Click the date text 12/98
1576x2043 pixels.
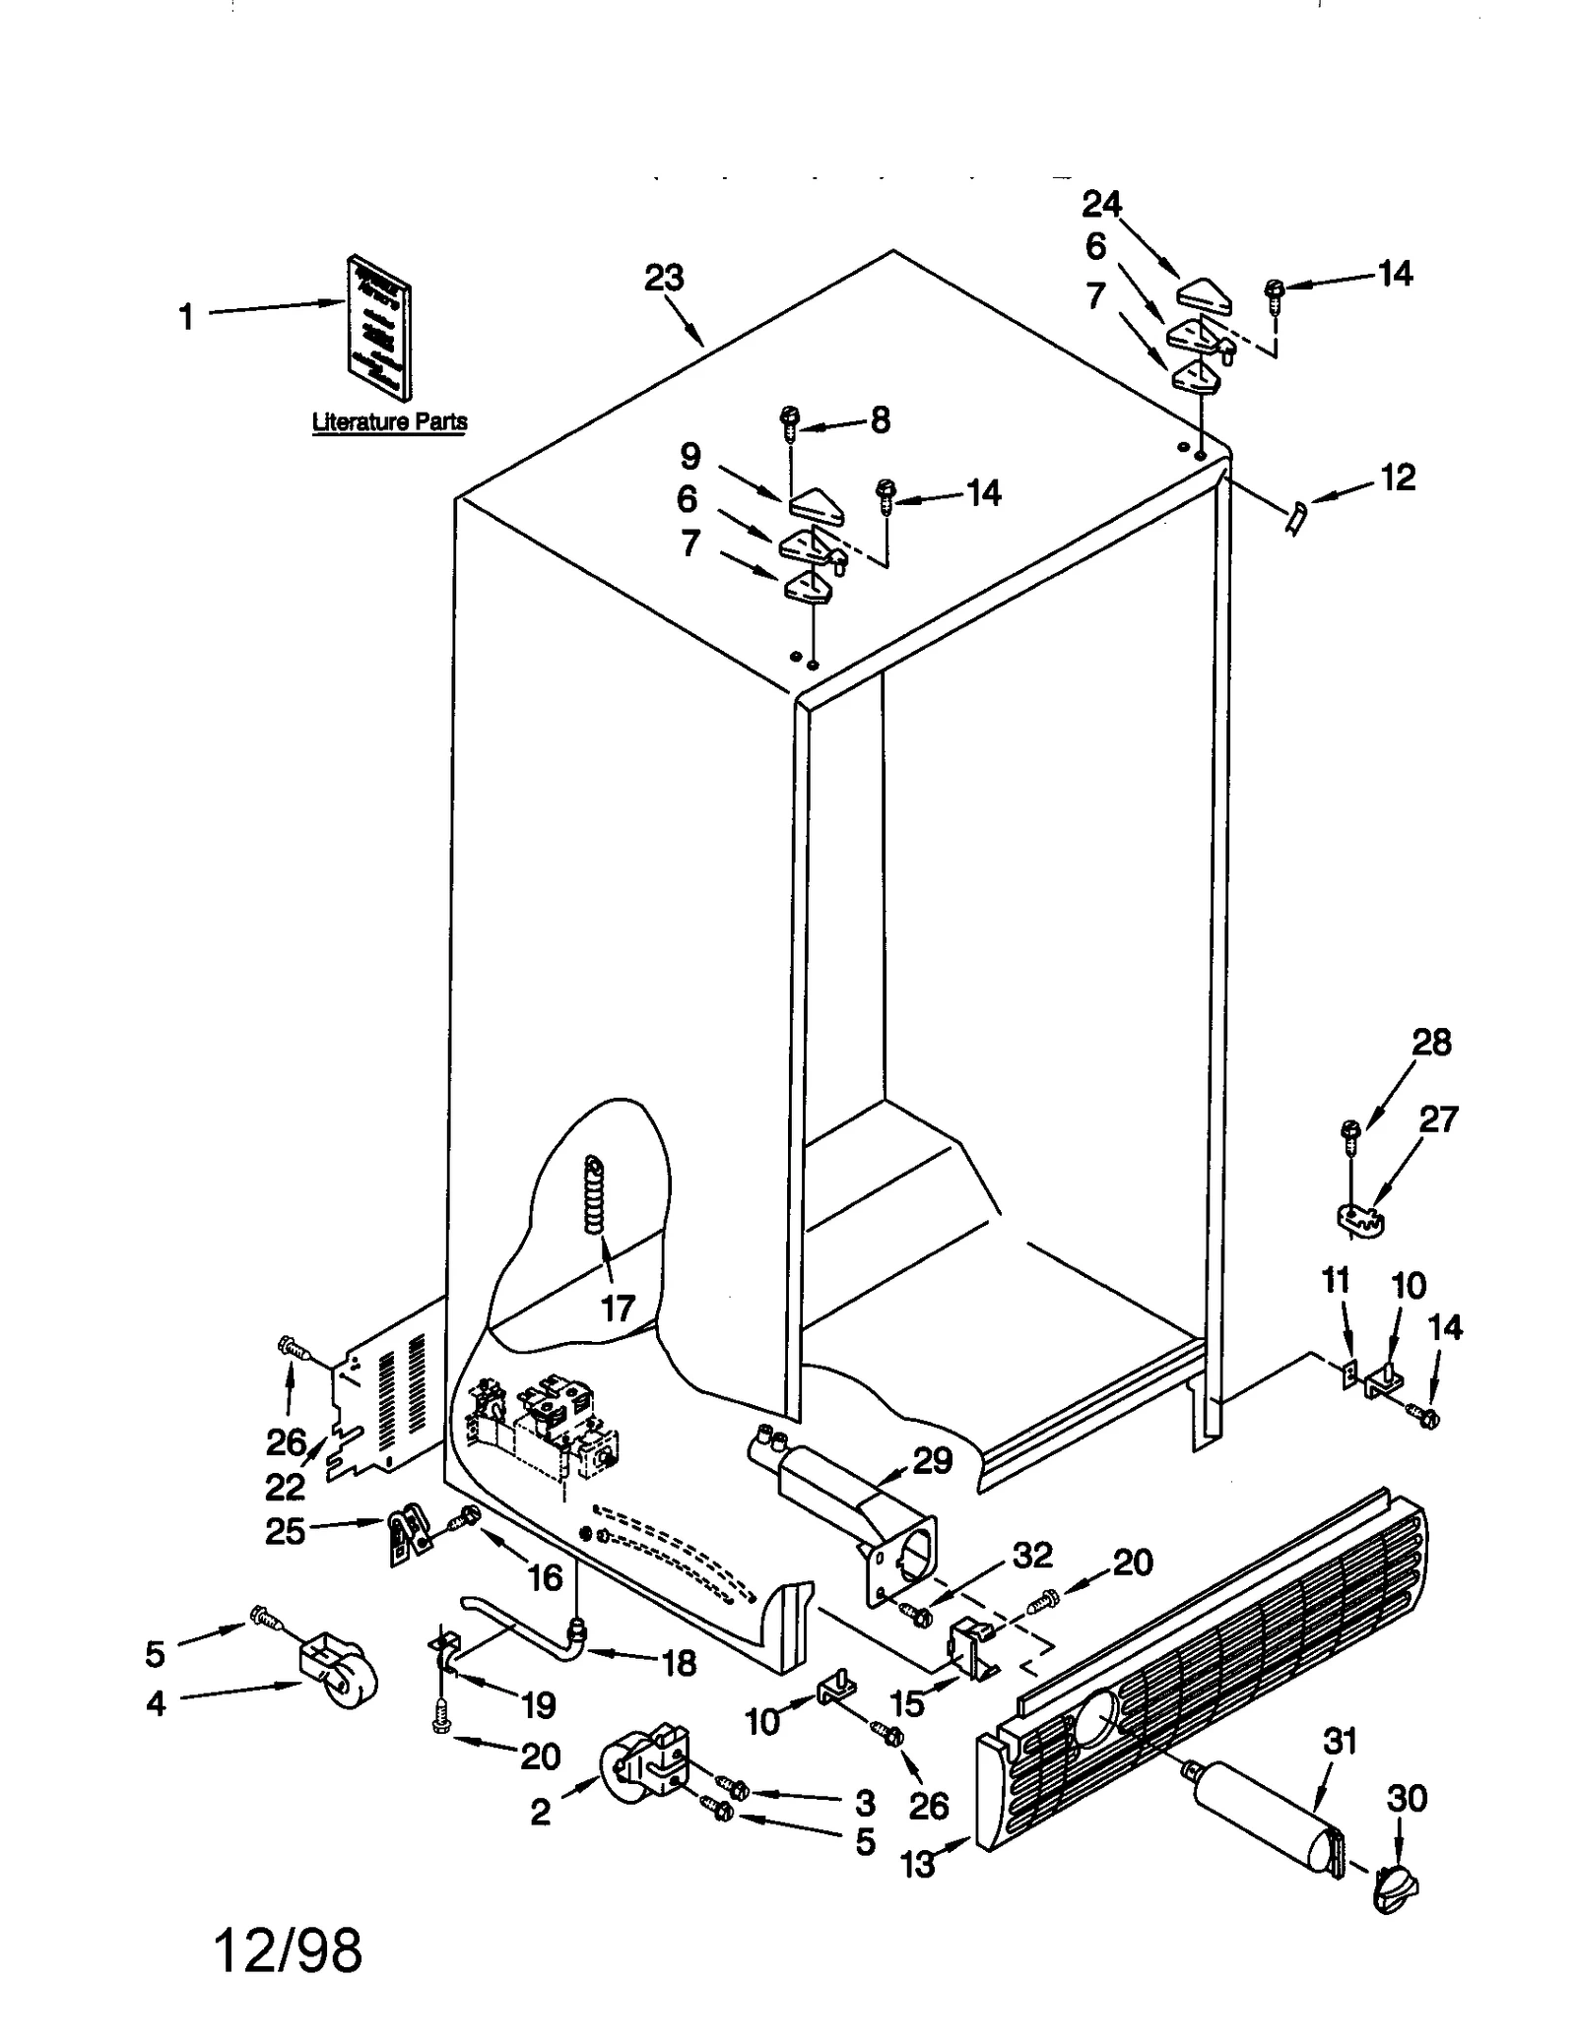(288, 1950)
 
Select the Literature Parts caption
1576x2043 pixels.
(389, 422)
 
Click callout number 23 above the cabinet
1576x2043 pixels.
(664, 279)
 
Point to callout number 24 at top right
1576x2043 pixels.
(1101, 205)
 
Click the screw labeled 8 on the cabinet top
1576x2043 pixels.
(789, 421)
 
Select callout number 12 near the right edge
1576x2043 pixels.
(1398, 478)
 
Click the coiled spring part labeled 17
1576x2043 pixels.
(594, 1194)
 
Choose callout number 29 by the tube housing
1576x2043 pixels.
(932, 1460)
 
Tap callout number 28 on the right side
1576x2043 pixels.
(1431, 1042)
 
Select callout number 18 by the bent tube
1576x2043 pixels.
(680, 1663)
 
